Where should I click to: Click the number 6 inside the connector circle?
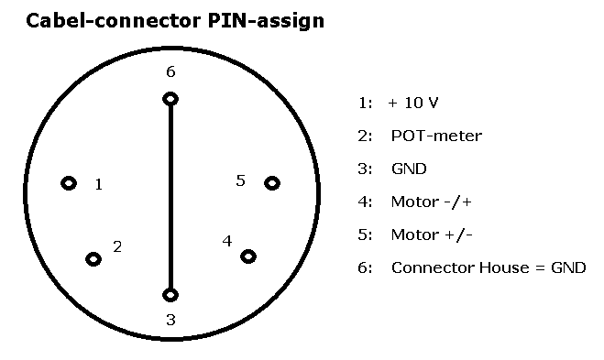tap(170, 71)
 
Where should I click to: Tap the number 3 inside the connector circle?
tap(170, 320)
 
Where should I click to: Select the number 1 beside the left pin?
tap(99, 184)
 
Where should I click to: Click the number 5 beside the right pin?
tap(240, 180)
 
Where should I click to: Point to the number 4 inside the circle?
tap(227, 241)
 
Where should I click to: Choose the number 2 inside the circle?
tap(117, 246)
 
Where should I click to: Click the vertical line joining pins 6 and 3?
tap(170, 197)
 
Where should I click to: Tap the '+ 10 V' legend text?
tap(413, 103)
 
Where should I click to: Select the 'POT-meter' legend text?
tap(436, 136)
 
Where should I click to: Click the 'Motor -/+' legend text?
tap(432, 202)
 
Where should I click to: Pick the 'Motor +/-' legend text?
tap(432, 235)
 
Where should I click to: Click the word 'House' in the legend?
tap(504, 267)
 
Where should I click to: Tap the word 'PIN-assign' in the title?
tap(266, 21)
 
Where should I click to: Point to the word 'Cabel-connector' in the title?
tap(114, 20)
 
